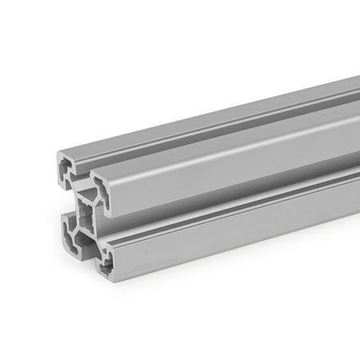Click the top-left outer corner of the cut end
[x=57, y=153]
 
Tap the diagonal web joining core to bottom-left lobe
[x=74, y=224]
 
